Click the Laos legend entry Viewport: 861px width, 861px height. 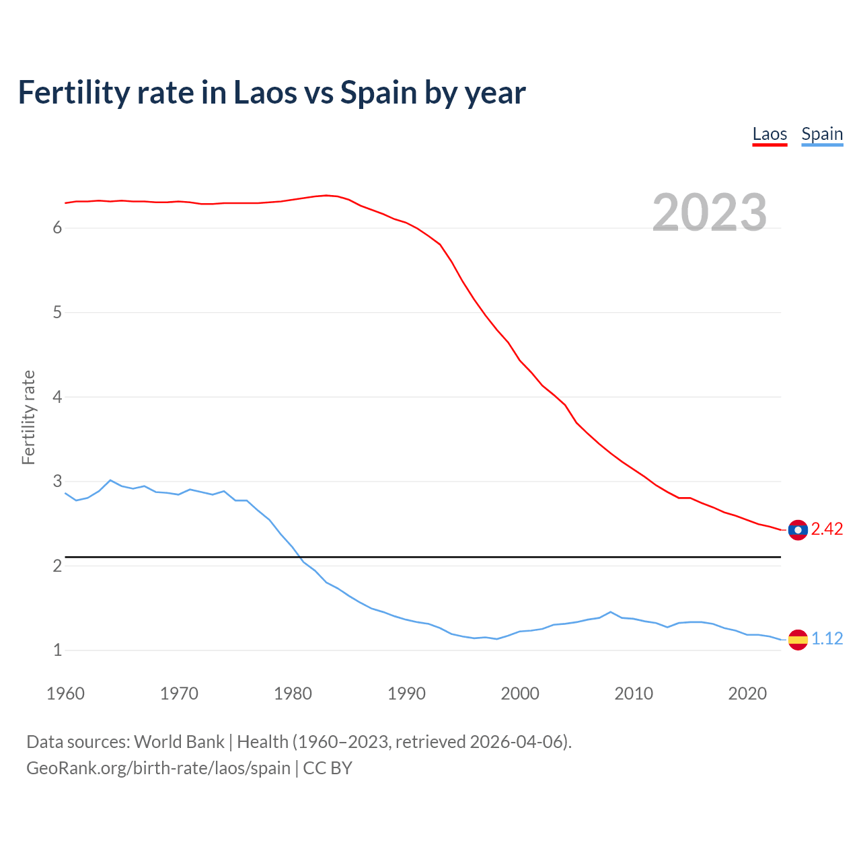(770, 134)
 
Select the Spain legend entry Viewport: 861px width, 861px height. (822, 134)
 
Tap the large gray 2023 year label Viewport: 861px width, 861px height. (709, 213)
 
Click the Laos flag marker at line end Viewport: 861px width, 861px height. (798, 530)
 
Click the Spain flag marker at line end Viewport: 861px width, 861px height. (798, 639)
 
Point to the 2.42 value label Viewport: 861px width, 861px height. (827, 529)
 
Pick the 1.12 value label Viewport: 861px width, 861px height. (827, 639)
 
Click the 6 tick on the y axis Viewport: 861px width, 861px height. (57, 228)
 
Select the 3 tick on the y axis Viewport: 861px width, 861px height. (57, 482)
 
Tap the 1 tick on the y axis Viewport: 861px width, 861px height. (57, 650)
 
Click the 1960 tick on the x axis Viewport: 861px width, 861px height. (65, 694)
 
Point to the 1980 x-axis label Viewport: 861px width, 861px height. (293, 694)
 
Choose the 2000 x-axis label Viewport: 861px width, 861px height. (520, 694)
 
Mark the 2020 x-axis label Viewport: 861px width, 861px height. (747, 694)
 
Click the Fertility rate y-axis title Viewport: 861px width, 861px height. (28, 417)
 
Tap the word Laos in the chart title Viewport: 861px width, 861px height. (264, 92)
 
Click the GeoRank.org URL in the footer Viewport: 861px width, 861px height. (158, 768)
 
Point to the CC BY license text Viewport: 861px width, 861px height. (328, 768)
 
